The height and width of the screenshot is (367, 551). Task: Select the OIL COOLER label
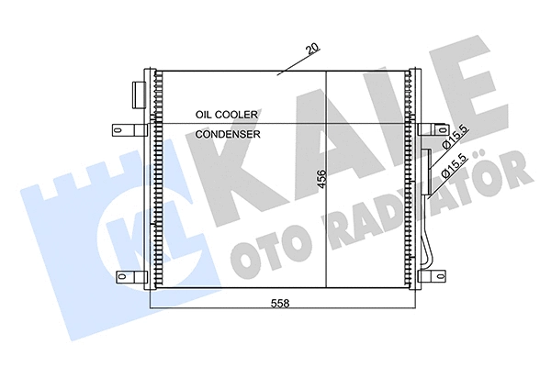point(226,114)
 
